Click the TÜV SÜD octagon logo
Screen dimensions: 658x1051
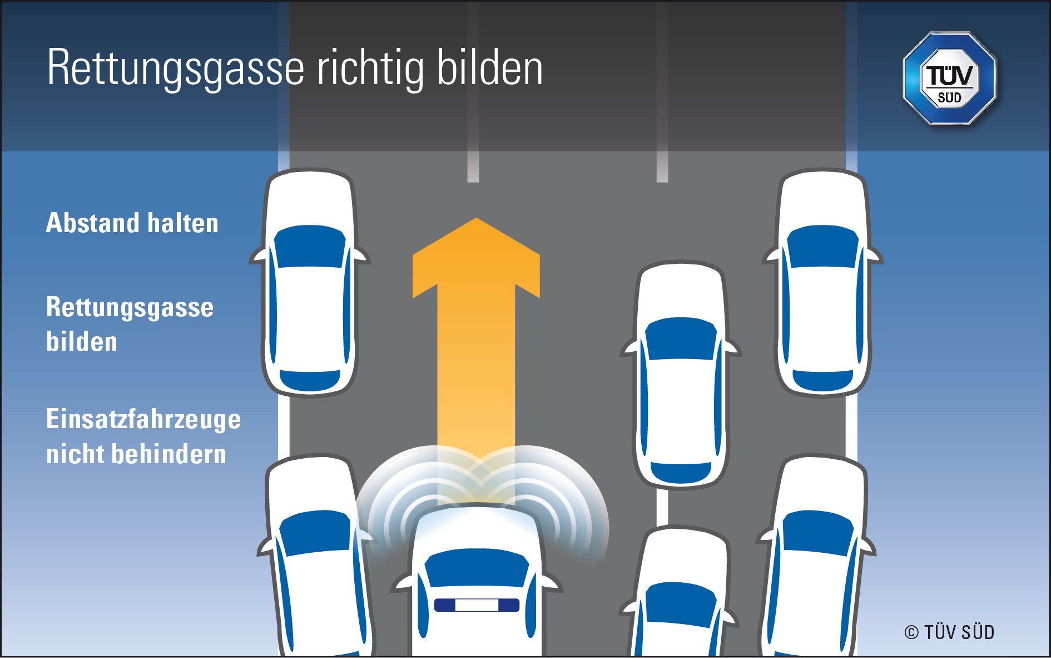pos(949,78)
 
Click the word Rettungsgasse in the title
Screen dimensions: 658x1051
pos(176,68)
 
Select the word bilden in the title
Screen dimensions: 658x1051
pos(489,68)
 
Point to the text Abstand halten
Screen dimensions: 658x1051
pos(132,223)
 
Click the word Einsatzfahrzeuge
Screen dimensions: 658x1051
pos(143,419)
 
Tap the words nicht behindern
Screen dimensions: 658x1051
pos(136,454)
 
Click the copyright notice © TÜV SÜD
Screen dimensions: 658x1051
pos(949,632)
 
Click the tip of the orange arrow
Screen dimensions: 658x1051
pos(476,220)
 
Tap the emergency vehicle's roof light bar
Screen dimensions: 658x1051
pos(477,605)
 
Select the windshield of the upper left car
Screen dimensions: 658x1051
pos(310,247)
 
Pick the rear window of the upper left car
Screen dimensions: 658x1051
pos(310,380)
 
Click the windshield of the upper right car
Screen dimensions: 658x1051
pos(822,246)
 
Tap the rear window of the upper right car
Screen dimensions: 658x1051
pos(822,380)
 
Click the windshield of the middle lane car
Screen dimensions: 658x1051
pos(681,338)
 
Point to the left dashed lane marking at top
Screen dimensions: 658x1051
pos(473,167)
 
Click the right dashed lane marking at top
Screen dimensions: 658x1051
pos(662,167)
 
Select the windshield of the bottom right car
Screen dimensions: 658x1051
pos(817,533)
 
